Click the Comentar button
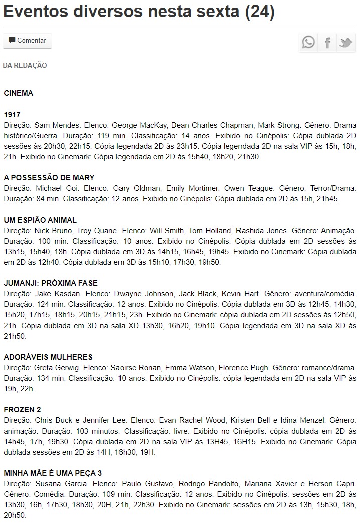tap(27, 41)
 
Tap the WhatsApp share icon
tap(308, 42)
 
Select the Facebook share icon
tap(327, 42)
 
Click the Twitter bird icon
tap(346, 42)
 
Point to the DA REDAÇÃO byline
tap(25, 65)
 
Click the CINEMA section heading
tap(19, 93)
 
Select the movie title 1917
tap(12, 115)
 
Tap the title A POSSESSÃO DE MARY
tap(49, 178)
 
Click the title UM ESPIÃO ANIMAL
tap(40, 220)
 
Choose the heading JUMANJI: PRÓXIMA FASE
tap(51, 283)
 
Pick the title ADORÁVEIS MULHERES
tap(48, 357)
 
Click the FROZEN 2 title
tap(23, 410)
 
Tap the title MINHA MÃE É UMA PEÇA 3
tap(53, 473)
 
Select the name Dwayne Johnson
tap(151, 294)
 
